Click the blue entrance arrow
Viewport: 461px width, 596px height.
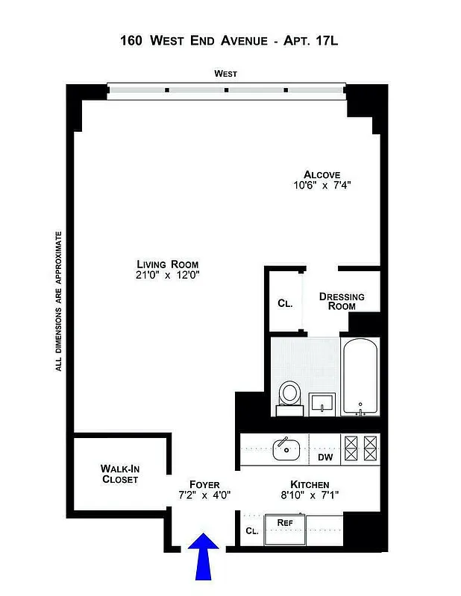coord(203,559)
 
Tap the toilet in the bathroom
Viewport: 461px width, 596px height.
coord(289,396)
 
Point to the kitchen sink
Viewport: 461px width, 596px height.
coord(286,449)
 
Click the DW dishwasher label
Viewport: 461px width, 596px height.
coord(325,457)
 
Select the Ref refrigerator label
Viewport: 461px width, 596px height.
coord(284,522)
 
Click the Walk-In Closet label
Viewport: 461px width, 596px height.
coord(120,474)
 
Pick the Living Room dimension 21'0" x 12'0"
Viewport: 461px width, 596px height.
coord(168,275)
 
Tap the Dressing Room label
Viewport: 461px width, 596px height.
coord(342,301)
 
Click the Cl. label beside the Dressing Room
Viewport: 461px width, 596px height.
coord(284,304)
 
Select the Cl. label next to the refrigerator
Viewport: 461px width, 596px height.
coord(251,531)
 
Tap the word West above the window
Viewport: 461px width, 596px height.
coord(225,74)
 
